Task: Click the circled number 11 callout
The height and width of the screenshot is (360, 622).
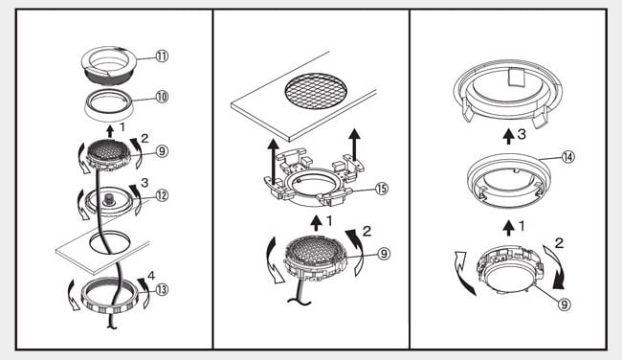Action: click(162, 56)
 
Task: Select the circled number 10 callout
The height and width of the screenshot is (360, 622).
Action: click(162, 97)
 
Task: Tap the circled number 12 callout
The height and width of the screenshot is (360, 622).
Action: click(162, 195)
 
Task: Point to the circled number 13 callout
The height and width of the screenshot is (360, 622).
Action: click(162, 290)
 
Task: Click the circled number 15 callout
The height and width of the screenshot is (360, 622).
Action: click(381, 189)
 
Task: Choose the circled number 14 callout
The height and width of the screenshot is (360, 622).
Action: click(567, 157)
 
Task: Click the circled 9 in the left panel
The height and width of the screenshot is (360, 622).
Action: click(162, 151)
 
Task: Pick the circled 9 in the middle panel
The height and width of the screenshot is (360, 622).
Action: click(383, 254)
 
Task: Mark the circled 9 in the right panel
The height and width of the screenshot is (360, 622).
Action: click(564, 304)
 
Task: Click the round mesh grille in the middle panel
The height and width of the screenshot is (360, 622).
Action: click(316, 92)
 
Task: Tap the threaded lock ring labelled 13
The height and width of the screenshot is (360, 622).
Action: click(109, 296)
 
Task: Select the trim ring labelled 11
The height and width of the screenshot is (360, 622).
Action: click(108, 65)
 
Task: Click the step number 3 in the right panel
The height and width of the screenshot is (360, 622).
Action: click(522, 135)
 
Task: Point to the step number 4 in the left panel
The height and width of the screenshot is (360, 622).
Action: click(151, 275)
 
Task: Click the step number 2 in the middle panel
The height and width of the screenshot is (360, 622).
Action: click(367, 231)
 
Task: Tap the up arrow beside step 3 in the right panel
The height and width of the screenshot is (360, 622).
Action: click(508, 136)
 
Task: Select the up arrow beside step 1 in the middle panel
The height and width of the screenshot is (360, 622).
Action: click(316, 223)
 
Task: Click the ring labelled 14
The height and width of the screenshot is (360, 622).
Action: click(509, 181)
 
